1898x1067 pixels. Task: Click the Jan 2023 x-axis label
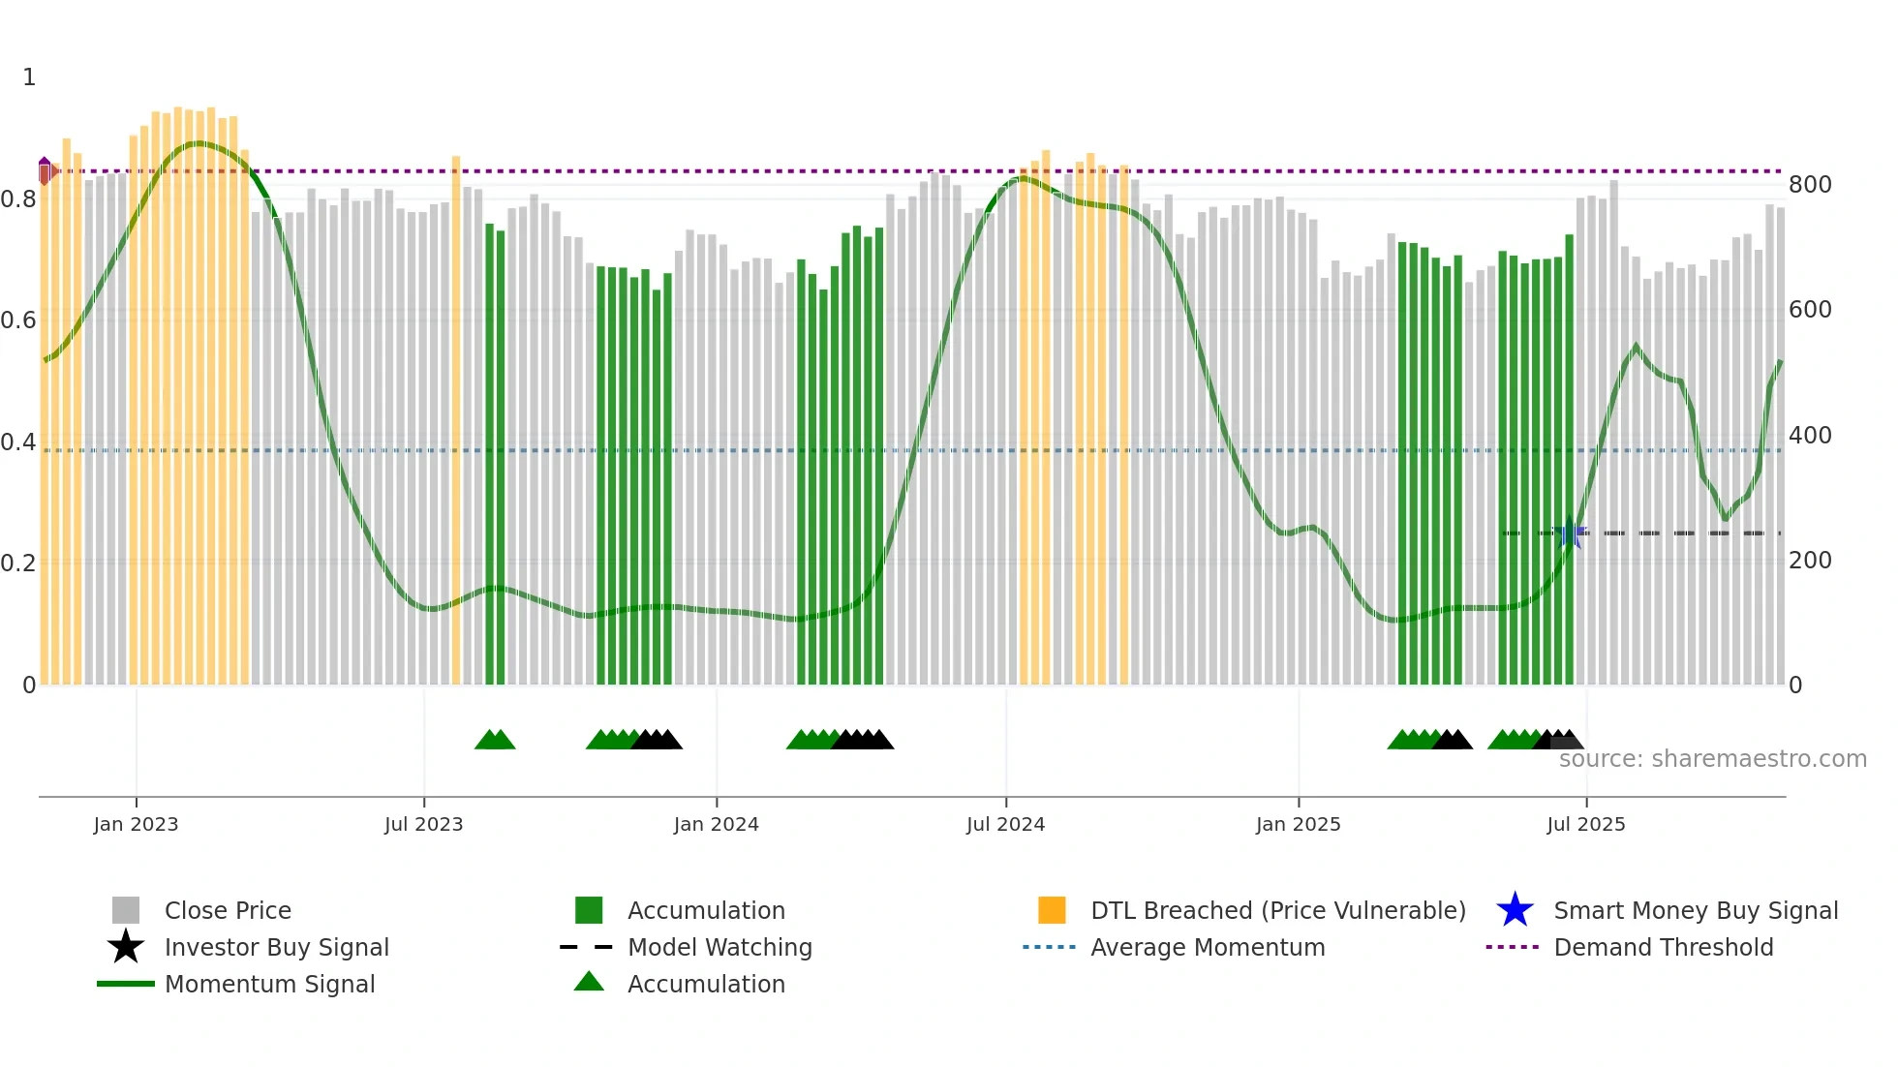pos(136,824)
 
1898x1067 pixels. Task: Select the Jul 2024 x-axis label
pos(1005,824)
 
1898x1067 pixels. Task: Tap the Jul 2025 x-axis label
pos(1585,824)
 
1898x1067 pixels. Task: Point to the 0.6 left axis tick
pos(18,320)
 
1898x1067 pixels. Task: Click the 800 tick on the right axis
pos(1809,185)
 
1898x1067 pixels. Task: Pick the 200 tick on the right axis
pos(1809,561)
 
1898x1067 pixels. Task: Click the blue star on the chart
pos(1570,533)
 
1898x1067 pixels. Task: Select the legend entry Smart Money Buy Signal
pos(1695,910)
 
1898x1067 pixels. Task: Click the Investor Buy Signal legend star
pos(126,947)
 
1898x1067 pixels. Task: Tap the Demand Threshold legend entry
pos(1663,947)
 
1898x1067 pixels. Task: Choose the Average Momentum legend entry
pos(1207,947)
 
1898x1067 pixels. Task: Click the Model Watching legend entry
pos(719,947)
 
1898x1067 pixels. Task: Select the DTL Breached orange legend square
pos(1052,910)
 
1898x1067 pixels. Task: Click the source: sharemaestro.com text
pos(1712,759)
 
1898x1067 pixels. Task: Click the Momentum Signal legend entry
pos(269,984)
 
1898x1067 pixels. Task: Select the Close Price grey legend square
pos(126,910)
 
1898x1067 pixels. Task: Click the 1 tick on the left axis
pos(29,77)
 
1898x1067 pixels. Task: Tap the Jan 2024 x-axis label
pos(716,824)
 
